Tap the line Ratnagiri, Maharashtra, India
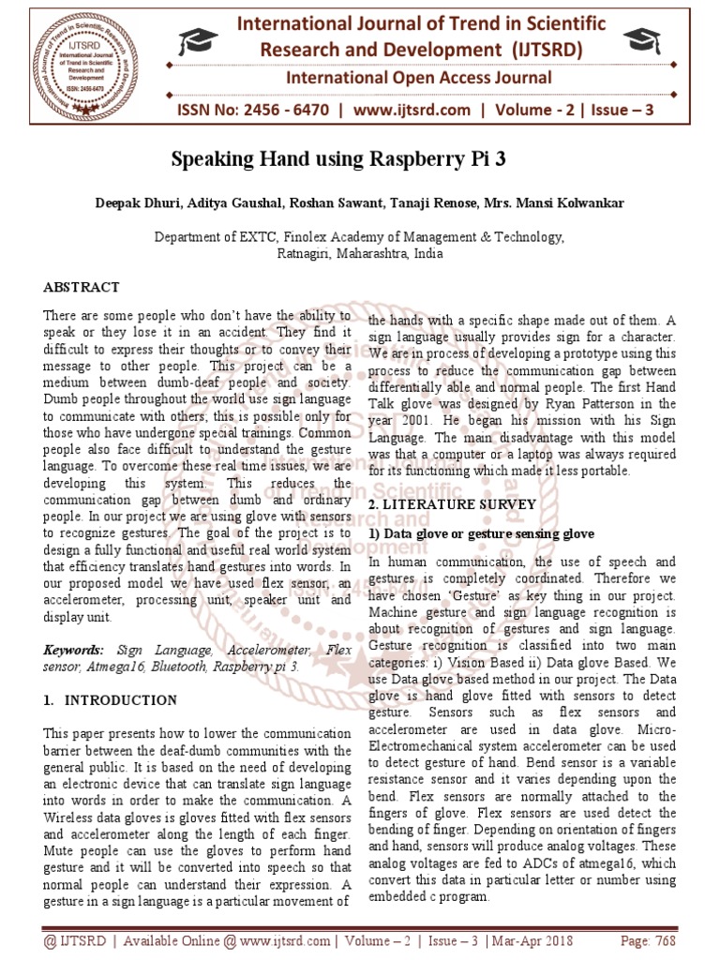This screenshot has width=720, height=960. (360, 253)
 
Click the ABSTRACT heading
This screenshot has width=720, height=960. (82, 287)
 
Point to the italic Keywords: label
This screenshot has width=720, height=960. (74, 650)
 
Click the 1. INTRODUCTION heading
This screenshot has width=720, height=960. (111, 700)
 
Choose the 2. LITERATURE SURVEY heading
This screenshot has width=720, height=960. (452, 504)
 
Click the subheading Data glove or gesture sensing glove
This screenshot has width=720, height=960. (481, 533)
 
